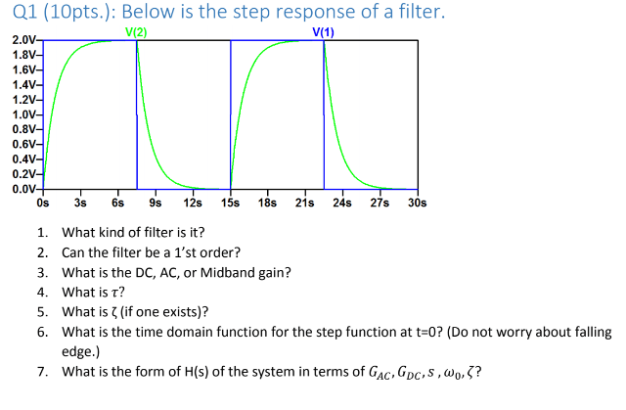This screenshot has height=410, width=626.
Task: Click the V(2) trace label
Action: pyautogui.click(x=137, y=33)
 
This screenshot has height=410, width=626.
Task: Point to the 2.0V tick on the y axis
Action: pyautogui.click(x=22, y=41)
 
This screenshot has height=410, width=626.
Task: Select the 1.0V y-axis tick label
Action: pyautogui.click(x=22, y=114)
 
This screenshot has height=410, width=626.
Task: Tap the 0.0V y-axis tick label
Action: pyautogui.click(x=22, y=187)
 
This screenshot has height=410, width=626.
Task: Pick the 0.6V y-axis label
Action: pyautogui.click(x=22, y=143)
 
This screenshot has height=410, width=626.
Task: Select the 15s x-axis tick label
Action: pyautogui.click(x=230, y=203)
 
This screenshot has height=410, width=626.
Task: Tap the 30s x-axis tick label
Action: pyautogui.click(x=417, y=203)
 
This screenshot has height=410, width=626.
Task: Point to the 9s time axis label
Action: pyautogui.click(x=155, y=203)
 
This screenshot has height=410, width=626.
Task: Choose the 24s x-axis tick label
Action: pyautogui.click(x=342, y=203)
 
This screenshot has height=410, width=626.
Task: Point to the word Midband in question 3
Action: pyautogui.click(x=231, y=272)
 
